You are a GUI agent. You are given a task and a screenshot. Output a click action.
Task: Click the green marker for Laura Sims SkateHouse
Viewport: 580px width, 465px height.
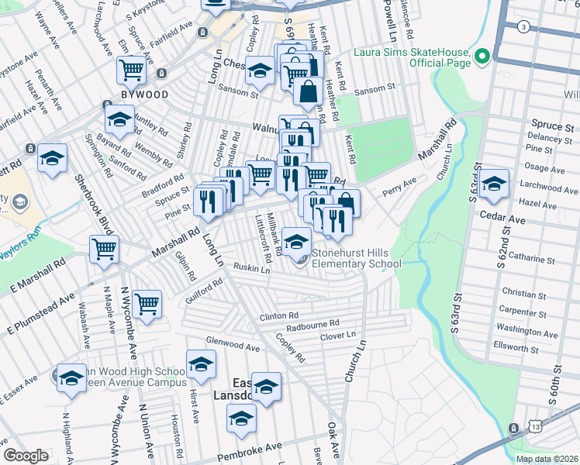(x=482, y=56)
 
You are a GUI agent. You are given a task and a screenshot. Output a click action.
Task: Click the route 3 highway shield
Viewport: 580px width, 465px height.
(x=523, y=27)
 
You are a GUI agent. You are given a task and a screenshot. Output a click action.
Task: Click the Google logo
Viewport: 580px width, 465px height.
(x=26, y=456)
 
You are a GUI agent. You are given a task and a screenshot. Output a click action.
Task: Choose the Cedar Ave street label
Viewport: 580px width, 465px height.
(x=503, y=219)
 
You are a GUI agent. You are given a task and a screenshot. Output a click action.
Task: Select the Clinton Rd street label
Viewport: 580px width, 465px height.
(x=279, y=316)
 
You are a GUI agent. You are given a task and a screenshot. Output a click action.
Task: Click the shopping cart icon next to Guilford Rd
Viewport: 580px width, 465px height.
(x=147, y=304)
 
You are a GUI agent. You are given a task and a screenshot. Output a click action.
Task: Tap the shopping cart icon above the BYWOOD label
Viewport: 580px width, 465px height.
(x=131, y=70)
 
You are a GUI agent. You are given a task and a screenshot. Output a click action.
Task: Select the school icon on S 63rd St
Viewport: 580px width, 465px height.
(x=493, y=184)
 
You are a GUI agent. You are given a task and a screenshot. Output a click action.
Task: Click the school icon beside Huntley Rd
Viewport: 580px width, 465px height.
(x=119, y=120)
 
